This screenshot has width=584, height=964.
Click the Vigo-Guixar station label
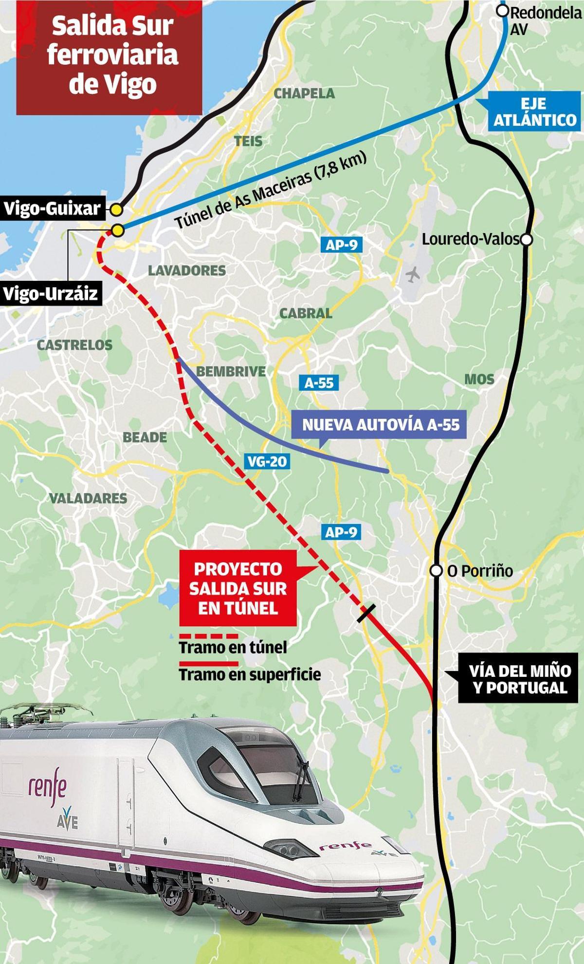click(x=52, y=209)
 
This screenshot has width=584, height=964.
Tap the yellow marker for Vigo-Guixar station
click(x=116, y=210)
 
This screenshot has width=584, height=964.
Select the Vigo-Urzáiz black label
click(x=51, y=294)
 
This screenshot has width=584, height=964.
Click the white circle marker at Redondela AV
click(x=504, y=11)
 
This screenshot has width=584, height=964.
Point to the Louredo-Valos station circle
click(x=526, y=239)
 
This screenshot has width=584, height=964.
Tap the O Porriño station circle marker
click(x=436, y=571)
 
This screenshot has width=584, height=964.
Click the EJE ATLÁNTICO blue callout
click(x=534, y=112)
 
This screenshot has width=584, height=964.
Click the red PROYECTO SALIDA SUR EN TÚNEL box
click(x=238, y=588)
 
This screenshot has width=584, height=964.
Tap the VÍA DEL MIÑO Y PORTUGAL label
click(x=520, y=679)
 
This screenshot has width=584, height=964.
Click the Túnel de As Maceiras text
click(x=271, y=192)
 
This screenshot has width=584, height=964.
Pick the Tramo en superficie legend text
click(x=250, y=674)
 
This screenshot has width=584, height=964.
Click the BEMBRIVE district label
click(x=231, y=372)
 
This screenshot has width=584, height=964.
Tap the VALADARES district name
click(x=88, y=498)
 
